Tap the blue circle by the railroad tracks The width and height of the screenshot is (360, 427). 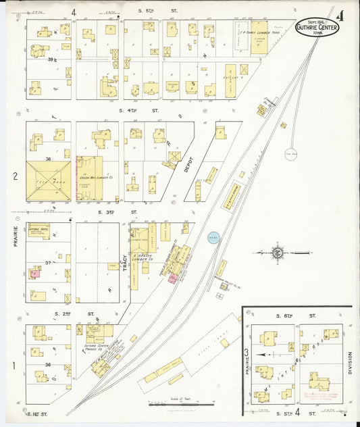[x=213, y=239]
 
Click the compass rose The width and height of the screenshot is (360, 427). [x=278, y=253]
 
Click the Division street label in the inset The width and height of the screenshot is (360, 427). [x=350, y=363]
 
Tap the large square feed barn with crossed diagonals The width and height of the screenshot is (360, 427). [x=48, y=180]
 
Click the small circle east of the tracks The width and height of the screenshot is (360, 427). [x=291, y=153]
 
